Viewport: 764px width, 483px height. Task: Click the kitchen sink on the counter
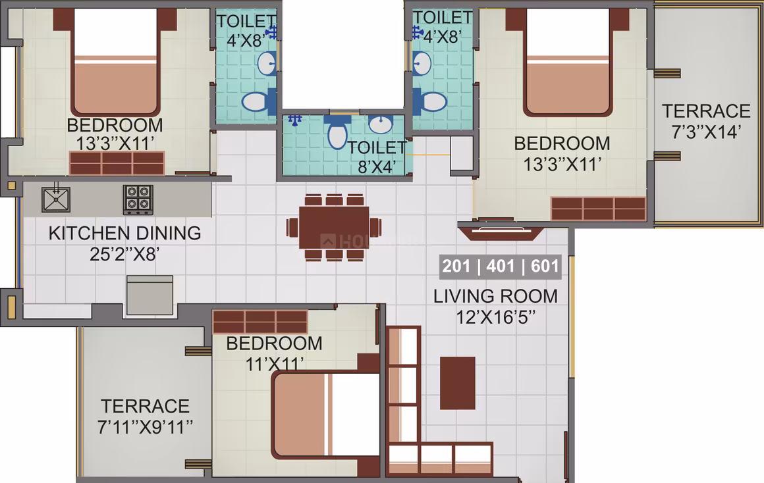[x=56, y=199]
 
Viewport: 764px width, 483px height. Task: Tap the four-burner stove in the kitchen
[x=138, y=199]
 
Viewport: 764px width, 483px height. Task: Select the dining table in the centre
[x=335, y=228]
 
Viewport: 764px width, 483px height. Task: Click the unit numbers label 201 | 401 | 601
[x=501, y=267]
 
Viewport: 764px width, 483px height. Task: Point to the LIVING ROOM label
[x=495, y=296]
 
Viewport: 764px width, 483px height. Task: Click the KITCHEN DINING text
[x=124, y=233]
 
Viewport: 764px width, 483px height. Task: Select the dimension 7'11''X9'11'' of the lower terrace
[x=145, y=427]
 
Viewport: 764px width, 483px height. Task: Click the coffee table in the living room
[x=458, y=383]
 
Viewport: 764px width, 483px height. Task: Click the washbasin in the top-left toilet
[x=267, y=63]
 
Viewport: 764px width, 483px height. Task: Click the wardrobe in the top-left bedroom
[x=117, y=163]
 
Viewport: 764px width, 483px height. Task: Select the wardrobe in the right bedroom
[x=598, y=209]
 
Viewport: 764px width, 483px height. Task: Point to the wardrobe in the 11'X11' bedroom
[x=260, y=322]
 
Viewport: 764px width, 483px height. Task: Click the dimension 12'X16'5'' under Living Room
[x=495, y=317]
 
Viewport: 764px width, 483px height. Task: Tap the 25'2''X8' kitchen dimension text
[x=124, y=254]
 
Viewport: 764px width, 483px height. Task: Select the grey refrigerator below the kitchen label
[x=150, y=295]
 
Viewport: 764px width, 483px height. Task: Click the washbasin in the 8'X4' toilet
[x=381, y=124]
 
